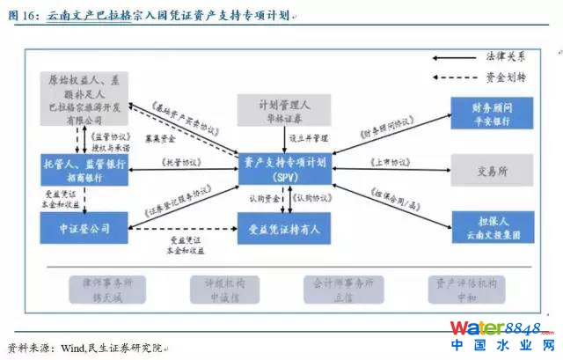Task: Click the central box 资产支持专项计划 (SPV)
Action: click(x=284, y=166)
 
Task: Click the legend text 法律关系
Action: click(x=506, y=55)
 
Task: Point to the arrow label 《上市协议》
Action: click(x=389, y=162)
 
